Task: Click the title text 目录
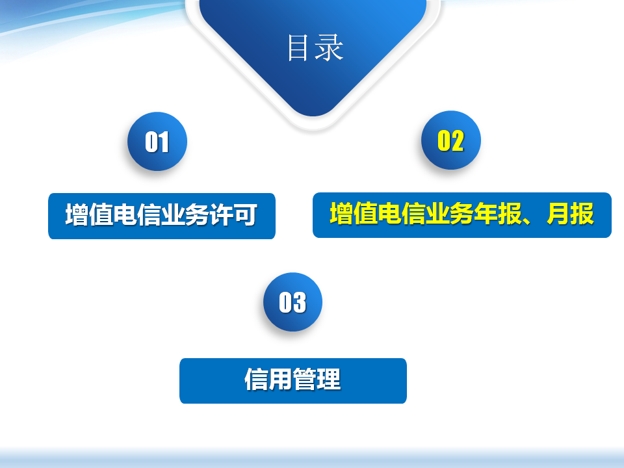316,47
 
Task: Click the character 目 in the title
298,47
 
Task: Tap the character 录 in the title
329,47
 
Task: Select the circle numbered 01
157,141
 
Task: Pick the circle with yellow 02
451,140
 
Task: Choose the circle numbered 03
293,302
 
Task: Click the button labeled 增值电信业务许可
162,216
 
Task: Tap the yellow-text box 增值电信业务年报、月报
462,215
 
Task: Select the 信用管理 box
293,381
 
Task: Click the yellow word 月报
570,214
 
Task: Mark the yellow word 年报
497,214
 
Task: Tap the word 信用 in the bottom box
268,379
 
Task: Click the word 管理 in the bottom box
317,379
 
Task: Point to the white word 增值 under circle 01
89,215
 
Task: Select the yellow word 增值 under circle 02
354,214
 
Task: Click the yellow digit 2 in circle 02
458,140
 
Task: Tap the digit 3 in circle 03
300,302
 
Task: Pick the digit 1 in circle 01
163,142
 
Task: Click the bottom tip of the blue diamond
313,116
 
